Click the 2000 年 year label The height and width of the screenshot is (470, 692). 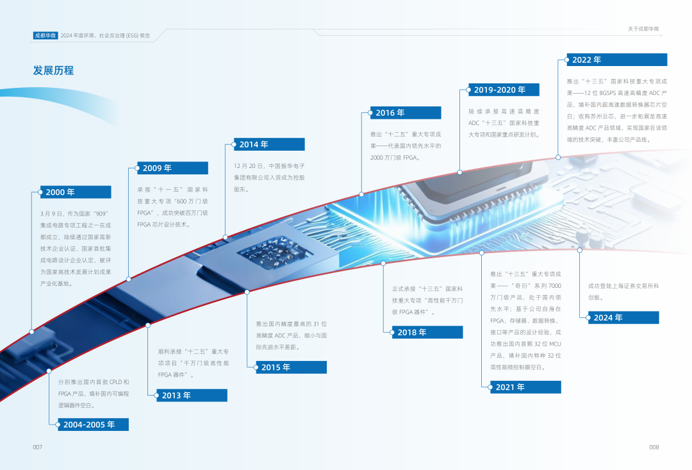click(x=60, y=192)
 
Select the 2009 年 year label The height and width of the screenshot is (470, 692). click(x=157, y=168)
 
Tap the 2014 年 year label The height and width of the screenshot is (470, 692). click(x=254, y=144)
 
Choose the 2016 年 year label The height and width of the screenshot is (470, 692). click(x=390, y=113)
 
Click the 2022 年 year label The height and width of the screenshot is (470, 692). click(x=587, y=60)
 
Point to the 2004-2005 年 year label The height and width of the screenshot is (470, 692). click(x=89, y=424)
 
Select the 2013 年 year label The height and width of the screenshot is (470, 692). click(x=176, y=396)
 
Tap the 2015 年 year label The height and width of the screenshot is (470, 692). click(x=276, y=367)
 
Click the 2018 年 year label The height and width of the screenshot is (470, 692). click(x=412, y=332)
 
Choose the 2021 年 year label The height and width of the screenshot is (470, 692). click(x=511, y=387)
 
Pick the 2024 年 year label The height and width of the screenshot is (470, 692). click(x=608, y=317)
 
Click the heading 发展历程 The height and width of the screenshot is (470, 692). click(x=54, y=71)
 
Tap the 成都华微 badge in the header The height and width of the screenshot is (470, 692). click(x=45, y=36)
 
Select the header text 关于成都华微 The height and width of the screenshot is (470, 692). click(x=643, y=29)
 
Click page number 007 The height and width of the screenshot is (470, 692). click(x=37, y=447)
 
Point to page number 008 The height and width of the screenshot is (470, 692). click(x=654, y=447)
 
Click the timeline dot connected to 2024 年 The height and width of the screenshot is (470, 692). click(x=579, y=249)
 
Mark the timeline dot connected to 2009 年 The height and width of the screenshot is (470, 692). click(x=129, y=279)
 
